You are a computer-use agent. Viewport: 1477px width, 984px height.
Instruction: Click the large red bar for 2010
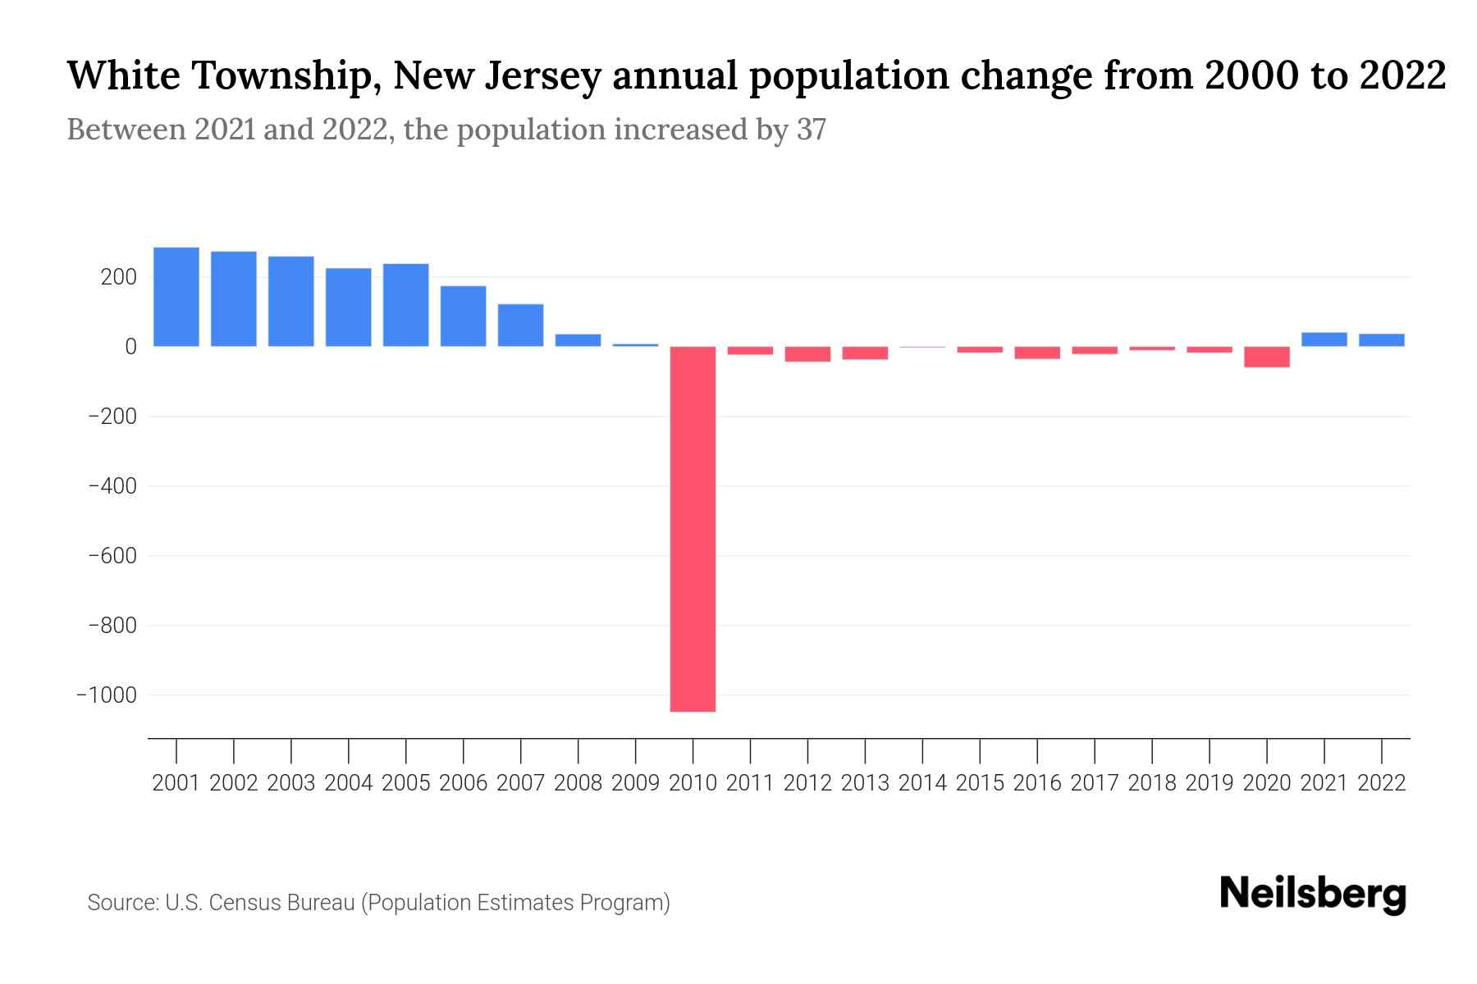tap(693, 529)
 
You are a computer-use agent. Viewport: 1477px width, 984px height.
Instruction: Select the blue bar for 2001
tap(176, 297)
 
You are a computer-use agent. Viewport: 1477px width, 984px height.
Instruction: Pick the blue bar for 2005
tap(405, 305)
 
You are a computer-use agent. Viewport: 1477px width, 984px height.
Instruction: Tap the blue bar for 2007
tap(520, 326)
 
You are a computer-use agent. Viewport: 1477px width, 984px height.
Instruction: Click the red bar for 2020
tap(1266, 357)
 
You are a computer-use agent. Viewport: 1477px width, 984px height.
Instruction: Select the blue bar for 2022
tap(1381, 340)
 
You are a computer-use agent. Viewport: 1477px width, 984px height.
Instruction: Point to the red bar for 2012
tap(807, 354)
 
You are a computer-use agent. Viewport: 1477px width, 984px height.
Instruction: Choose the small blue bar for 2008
tap(578, 340)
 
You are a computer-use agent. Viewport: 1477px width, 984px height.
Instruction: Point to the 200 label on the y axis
tap(118, 277)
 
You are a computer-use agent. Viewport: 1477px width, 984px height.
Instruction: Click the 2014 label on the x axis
tap(922, 783)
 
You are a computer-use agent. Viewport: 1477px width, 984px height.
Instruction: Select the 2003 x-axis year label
tap(291, 783)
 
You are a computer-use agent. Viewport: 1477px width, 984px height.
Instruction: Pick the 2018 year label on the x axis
tap(1151, 783)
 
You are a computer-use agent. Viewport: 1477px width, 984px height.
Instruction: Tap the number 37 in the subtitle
tap(811, 130)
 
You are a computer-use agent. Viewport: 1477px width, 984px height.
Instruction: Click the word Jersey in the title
tap(544, 76)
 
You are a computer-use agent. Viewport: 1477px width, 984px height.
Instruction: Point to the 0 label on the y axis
tap(130, 347)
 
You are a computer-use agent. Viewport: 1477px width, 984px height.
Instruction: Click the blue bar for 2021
tap(1324, 339)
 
